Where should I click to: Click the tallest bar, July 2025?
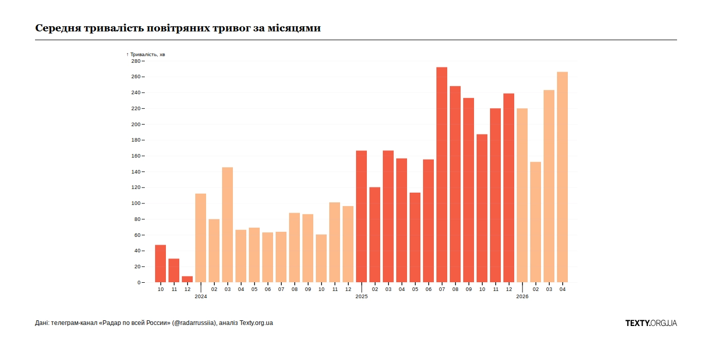point(442,175)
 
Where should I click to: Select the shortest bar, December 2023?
point(187,279)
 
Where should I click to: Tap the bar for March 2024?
point(227,225)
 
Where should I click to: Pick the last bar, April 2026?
point(562,177)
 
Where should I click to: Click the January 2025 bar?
point(361,216)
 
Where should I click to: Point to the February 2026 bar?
point(535,222)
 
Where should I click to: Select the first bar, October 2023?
point(160,264)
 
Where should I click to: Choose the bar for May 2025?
point(415,237)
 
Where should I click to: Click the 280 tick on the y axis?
point(136,61)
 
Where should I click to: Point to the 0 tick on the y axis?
point(138,283)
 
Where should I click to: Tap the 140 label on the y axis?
point(136,172)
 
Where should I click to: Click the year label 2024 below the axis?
point(200,297)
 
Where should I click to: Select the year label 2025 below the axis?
point(361,297)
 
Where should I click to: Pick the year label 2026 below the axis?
point(522,297)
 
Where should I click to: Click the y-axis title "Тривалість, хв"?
point(147,54)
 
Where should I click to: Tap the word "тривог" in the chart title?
point(231,28)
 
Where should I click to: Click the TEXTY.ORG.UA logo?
point(651,323)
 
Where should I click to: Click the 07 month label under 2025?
point(442,289)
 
